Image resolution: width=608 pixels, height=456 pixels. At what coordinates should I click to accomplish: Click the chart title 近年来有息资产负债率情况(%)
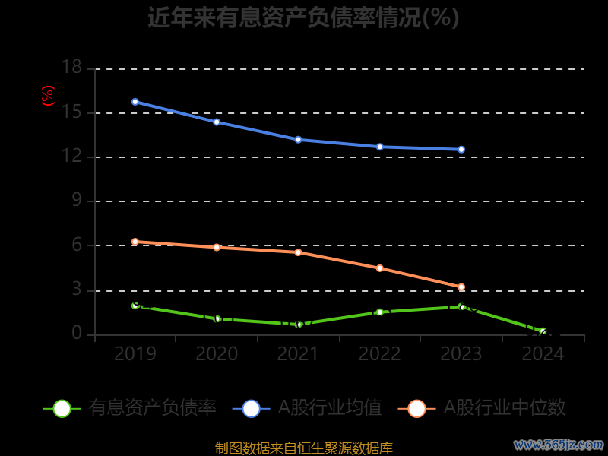(x=303, y=17)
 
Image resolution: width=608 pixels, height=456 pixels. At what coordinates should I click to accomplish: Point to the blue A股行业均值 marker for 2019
(x=135, y=102)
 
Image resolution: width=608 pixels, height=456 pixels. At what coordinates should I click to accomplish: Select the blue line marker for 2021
(x=299, y=140)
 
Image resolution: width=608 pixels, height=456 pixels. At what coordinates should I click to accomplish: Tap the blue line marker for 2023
(x=461, y=150)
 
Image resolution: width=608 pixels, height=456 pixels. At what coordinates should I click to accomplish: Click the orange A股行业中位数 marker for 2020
(x=217, y=247)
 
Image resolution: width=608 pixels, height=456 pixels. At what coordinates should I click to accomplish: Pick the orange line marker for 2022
(x=380, y=268)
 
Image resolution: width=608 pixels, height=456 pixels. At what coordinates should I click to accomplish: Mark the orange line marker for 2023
(x=461, y=287)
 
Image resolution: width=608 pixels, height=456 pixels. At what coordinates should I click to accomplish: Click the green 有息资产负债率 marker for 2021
(x=299, y=325)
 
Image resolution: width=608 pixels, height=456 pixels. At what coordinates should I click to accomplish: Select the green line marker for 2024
(x=543, y=331)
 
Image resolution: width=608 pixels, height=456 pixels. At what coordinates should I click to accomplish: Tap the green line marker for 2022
(x=380, y=312)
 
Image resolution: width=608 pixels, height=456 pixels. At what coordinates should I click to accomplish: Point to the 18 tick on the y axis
(x=71, y=68)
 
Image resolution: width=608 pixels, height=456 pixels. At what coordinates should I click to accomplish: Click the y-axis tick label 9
(x=76, y=201)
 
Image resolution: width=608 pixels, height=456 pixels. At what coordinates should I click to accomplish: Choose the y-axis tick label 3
(x=76, y=290)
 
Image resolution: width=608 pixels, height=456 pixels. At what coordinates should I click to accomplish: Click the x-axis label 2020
(x=217, y=354)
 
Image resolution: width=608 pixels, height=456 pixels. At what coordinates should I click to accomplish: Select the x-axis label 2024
(x=543, y=354)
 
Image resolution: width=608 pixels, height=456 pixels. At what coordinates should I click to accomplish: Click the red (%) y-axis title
(x=48, y=96)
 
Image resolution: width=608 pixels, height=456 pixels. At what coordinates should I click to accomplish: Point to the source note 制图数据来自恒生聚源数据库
(x=303, y=448)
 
